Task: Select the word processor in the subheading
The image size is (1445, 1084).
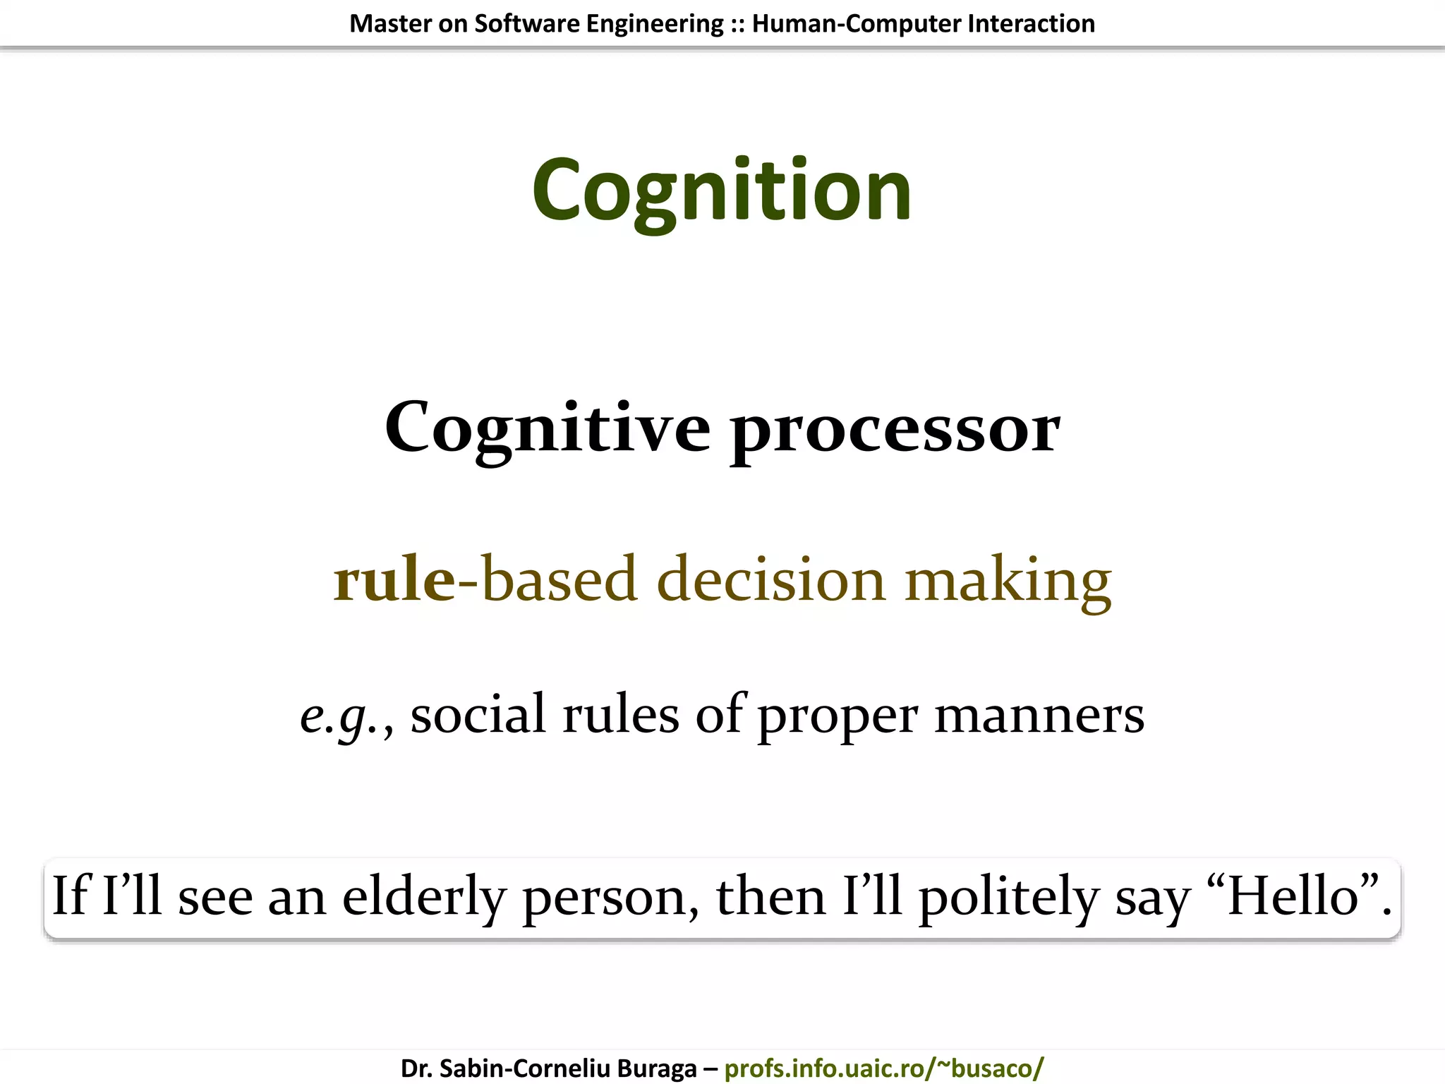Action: [895, 430]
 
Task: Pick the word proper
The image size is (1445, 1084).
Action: [838, 717]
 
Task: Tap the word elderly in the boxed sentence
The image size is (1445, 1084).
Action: [423, 896]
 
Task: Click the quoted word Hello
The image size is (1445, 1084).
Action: [1293, 895]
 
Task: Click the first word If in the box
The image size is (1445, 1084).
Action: [71, 895]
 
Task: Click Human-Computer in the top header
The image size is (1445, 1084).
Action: [856, 24]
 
